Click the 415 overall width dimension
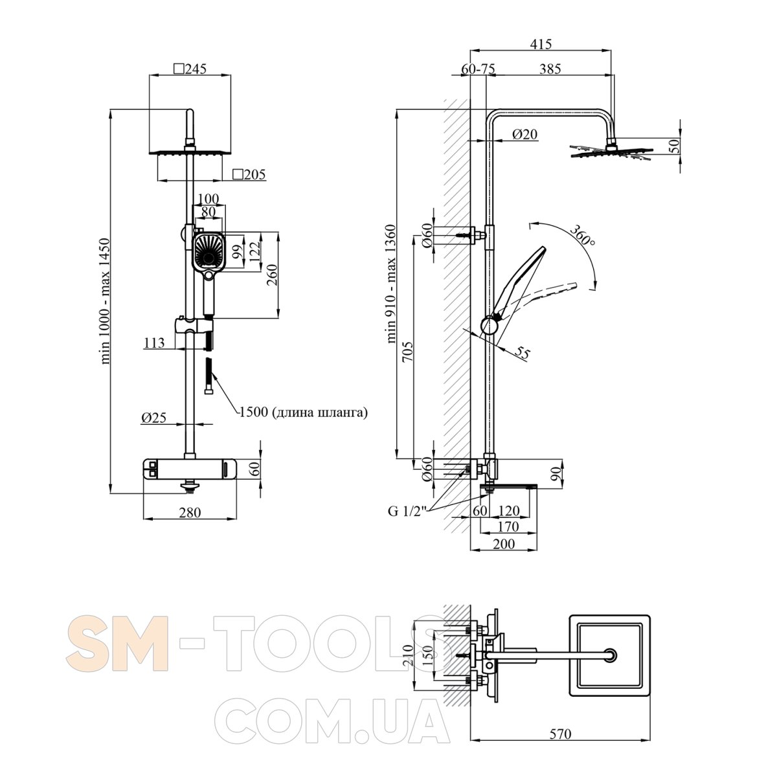click(540, 44)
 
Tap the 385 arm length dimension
click(550, 69)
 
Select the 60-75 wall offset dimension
click(478, 69)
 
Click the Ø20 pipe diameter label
click(524, 134)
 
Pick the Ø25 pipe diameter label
click(153, 418)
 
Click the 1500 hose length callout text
click(303, 412)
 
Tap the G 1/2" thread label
click(407, 511)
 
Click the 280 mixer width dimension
click(190, 512)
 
